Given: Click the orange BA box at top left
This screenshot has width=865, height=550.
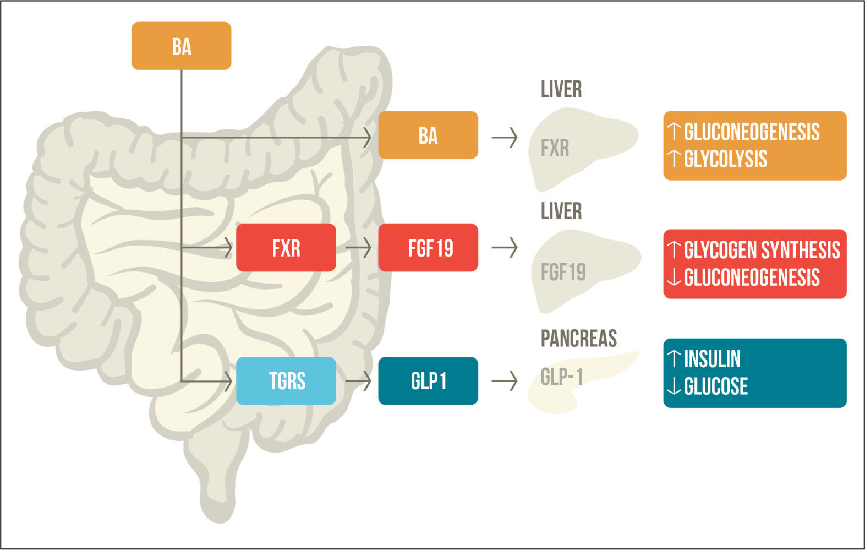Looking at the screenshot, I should [x=181, y=46].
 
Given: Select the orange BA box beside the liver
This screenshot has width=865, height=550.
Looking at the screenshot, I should [x=428, y=135].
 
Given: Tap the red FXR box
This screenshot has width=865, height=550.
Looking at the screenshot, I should [x=286, y=248].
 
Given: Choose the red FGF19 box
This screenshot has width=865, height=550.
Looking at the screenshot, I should [x=428, y=248].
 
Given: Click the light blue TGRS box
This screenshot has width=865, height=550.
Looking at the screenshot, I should [x=286, y=380].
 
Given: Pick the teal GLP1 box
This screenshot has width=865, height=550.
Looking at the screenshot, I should [x=428, y=380].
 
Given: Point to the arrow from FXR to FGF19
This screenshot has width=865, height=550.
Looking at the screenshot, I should [x=358, y=248].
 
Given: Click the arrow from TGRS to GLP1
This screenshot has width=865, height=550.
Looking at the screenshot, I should [x=358, y=380].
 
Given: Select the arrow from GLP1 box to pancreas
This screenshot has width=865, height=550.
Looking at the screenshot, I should [x=504, y=380].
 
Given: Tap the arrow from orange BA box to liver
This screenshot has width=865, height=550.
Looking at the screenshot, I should [x=504, y=137].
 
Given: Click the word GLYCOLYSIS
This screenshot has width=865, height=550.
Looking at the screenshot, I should [x=725, y=159].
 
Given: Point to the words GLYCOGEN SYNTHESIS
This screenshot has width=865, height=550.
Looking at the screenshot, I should [x=762, y=250].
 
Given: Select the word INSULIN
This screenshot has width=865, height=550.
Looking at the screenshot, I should [x=711, y=359].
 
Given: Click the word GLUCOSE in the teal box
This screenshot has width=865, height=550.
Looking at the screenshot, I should [x=715, y=386].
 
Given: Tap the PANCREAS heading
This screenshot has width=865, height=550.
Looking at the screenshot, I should [x=578, y=338].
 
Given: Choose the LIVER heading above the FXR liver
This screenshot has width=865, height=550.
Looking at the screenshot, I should [x=561, y=89].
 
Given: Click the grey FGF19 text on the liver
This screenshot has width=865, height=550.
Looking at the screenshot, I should [x=563, y=272].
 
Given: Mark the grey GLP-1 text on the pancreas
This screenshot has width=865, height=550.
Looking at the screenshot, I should [x=561, y=377].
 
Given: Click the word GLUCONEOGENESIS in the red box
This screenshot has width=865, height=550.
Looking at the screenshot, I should [x=751, y=277].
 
